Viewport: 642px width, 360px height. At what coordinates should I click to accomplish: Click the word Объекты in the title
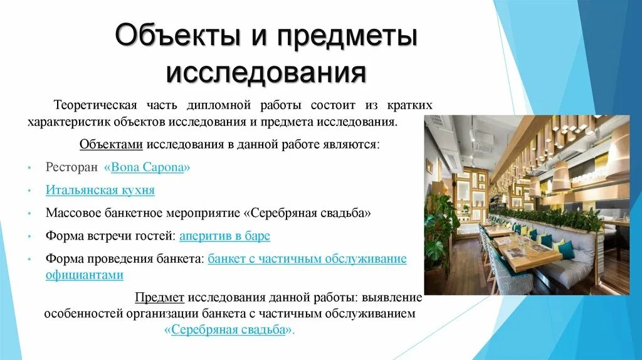point(165,36)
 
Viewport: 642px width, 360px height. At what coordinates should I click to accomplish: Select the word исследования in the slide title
point(266,71)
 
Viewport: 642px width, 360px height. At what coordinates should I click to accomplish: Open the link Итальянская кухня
point(100,189)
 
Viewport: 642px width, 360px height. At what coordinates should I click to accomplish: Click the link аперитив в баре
point(224,236)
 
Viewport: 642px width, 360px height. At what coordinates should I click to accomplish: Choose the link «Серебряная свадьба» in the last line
point(229,329)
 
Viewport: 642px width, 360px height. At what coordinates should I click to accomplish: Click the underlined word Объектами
point(112,144)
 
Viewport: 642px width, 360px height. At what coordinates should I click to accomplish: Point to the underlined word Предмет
point(160,297)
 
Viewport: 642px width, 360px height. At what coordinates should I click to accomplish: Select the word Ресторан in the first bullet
point(72,167)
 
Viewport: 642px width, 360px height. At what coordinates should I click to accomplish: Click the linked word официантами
point(84,275)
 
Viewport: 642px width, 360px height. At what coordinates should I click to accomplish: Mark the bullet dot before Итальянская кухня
point(29,191)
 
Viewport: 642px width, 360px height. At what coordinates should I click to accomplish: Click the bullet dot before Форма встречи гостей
point(29,237)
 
